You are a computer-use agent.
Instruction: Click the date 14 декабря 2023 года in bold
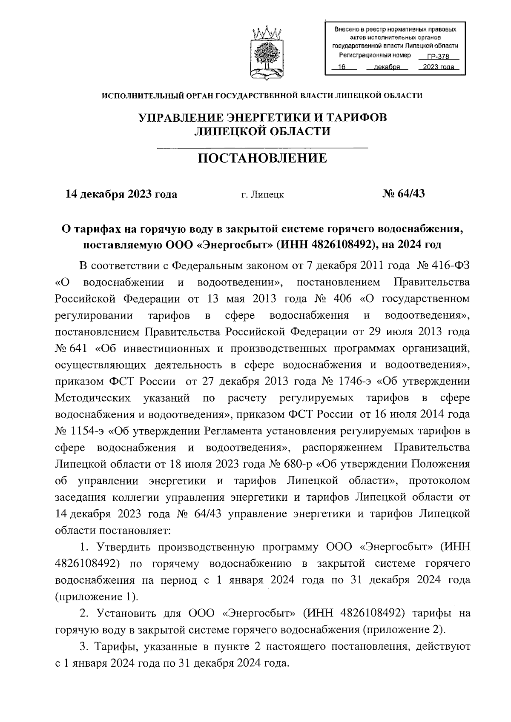pos(121,194)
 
